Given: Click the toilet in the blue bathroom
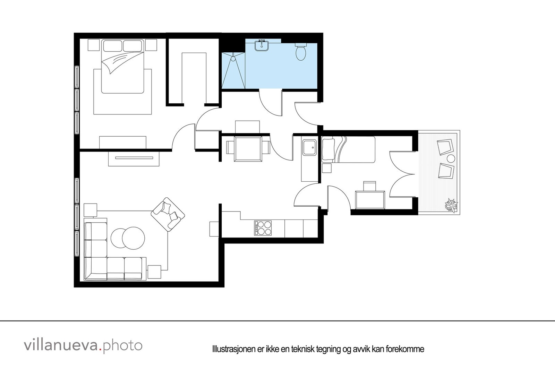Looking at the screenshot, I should (300, 52).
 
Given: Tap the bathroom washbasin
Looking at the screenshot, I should (262, 46).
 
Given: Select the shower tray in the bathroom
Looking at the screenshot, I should (233, 70).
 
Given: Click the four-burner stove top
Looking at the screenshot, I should (263, 228).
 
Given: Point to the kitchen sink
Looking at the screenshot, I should (309, 148).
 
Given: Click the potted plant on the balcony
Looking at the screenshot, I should (451, 205).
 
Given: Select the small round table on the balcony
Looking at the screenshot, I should (451, 159).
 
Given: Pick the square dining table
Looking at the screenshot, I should (248, 149).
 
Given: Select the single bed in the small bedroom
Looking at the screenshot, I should (349, 149).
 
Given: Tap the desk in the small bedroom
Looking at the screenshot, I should (370, 200).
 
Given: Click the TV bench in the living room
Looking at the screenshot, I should (134, 158).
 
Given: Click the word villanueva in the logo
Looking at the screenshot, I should (61, 345).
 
